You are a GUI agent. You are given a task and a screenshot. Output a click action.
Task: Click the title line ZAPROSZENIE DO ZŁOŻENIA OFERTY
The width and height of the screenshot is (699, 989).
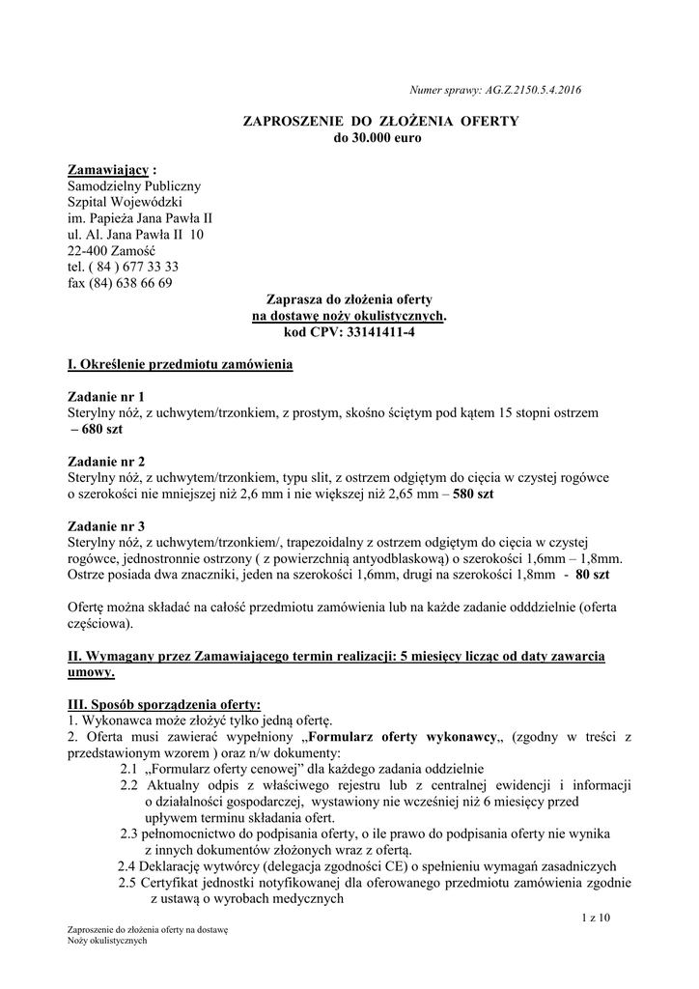tap(379, 122)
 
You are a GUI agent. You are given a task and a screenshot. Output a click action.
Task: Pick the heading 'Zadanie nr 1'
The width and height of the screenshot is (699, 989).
tap(106, 396)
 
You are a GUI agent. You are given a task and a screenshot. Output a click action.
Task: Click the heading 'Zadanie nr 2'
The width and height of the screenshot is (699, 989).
tap(106, 461)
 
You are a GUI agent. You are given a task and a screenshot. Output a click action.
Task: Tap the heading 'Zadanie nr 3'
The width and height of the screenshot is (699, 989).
tap(106, 525)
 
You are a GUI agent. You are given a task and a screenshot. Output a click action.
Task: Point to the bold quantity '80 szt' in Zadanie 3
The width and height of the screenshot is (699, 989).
tap(591, 574)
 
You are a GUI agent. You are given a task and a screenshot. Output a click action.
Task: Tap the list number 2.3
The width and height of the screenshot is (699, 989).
tap(130, 833)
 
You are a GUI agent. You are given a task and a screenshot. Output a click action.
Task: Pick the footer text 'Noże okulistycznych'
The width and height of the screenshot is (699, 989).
tap(107, 941)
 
